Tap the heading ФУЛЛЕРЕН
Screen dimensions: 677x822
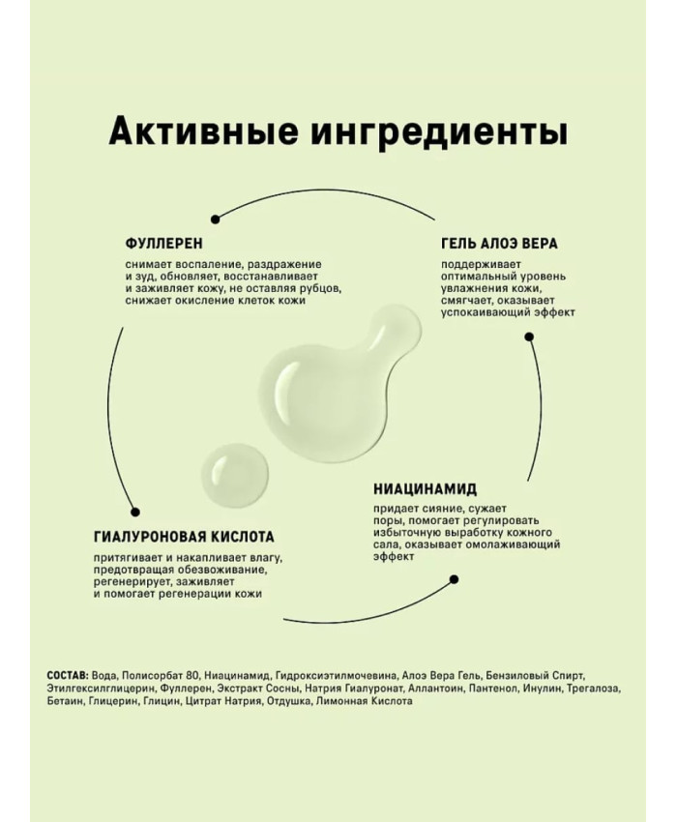pyautogui.click(x=163, y=244)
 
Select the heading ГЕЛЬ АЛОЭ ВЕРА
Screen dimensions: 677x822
pyautogui.click(x=499, y=244)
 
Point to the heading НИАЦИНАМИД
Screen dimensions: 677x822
pyautogui.click(x=426, y=489)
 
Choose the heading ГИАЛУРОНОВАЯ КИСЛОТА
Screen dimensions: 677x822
pyautogui.click(x=184, y=537)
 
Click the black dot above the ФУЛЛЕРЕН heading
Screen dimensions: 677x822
pyautogui.click(x=215, y=220)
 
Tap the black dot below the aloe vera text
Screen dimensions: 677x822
pyautogui.click(x=529, y=337)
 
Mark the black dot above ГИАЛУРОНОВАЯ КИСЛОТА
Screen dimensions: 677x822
pyautogui.click(x=134, y=513)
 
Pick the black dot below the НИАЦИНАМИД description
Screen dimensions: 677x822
pyautogui.click(x=455, y=579)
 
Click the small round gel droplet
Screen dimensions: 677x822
pyautogui.click(x=234, y=476)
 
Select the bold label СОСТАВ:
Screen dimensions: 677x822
pyautogui.click(x=68, y=675)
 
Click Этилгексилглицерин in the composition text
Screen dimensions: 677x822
pyautogui.click(x=101, y=689)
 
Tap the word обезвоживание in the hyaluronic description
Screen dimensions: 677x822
pyautogui.click(x=227, y=570)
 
